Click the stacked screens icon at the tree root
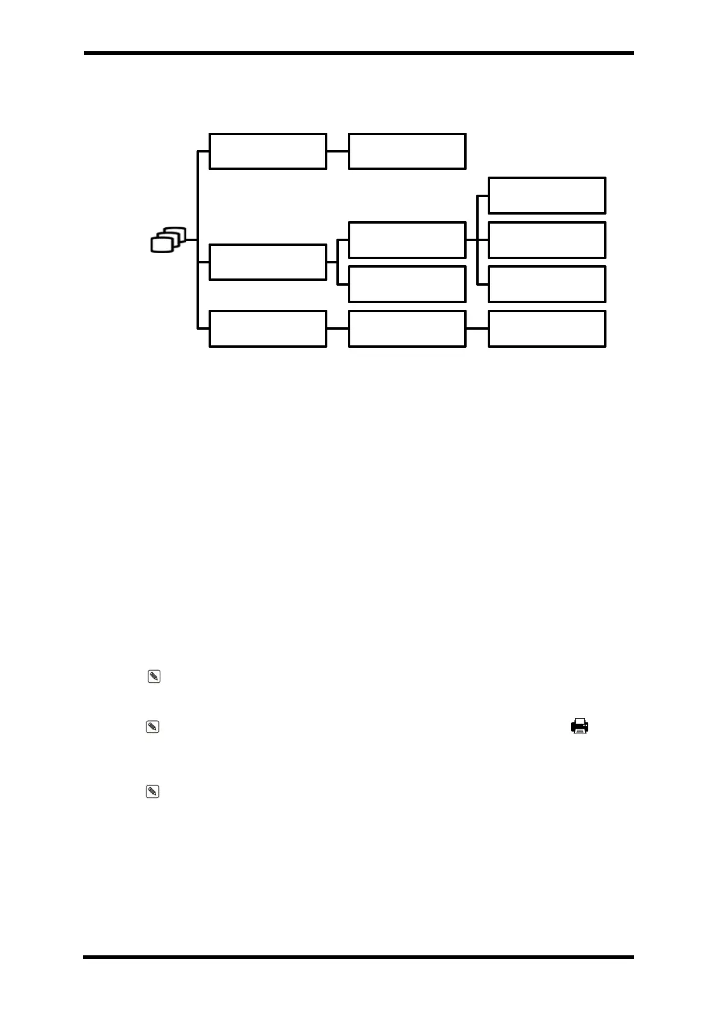point(168,240)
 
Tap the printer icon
point(579,726)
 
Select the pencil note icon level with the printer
point(153,727)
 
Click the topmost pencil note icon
point(154,677)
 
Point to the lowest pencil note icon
point(153,791)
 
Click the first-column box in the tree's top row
point(268,151)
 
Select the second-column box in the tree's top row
point(407,151)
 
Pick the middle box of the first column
point(268,262)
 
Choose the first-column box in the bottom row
point(268,328)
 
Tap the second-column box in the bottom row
point(407,328)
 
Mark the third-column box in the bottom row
point(547,328)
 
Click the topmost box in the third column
point(547,195)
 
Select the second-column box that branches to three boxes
point(407,240)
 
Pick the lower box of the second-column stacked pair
point(407,284)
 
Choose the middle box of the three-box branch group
point(547,240)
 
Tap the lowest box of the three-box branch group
point(547,284)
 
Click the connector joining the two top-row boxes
point(338,151)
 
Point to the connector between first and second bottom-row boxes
point(338,328)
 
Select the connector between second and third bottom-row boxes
point(477,328)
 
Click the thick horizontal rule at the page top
point(359,53)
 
